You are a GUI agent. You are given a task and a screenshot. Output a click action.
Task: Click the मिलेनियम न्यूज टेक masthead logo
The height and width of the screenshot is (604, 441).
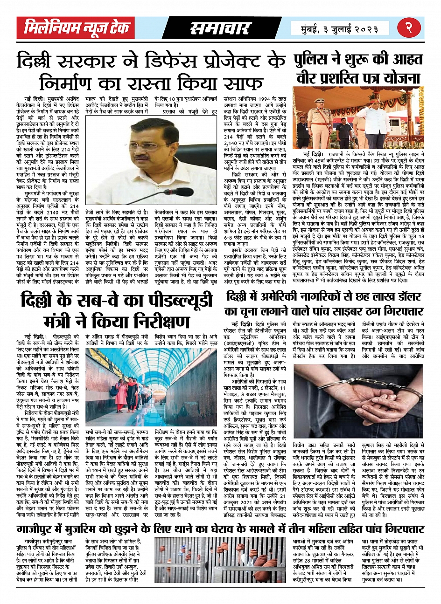(77, 28)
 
